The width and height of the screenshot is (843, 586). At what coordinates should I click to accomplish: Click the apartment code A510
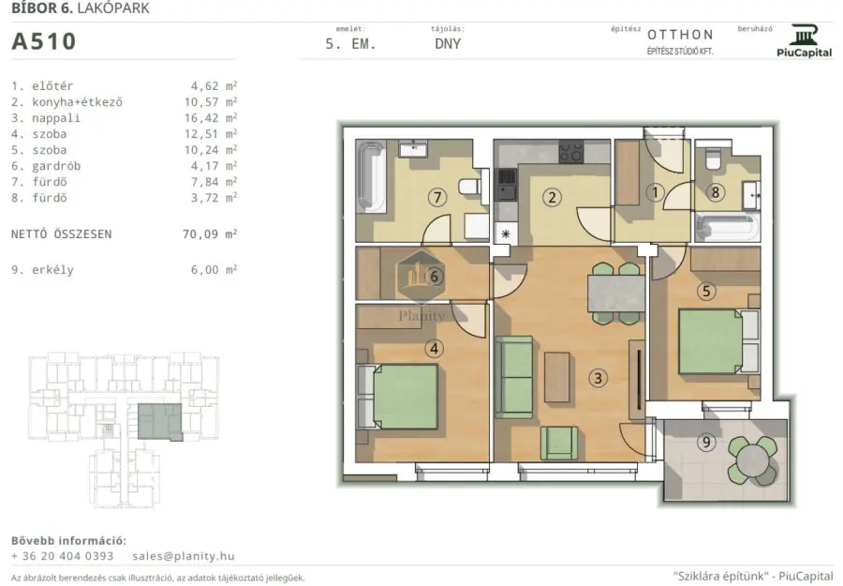coord(43,41)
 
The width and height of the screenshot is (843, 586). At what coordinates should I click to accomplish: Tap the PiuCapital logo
coord(804,41)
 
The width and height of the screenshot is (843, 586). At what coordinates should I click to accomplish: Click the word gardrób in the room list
coord(56,166)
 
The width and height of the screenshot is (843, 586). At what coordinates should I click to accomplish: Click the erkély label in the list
coord(52,270)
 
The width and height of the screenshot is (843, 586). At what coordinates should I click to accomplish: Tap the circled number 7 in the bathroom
coord(437,198)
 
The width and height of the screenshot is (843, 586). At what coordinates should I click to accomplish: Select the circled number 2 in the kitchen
coord(552,198)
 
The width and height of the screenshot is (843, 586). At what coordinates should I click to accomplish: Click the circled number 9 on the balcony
coord(706,443)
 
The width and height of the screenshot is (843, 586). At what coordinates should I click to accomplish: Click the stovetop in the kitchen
coord(571,152)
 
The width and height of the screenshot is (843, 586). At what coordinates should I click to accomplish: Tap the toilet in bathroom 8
coord(714,158)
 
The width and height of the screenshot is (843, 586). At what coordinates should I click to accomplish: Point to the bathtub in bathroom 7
coord(370,177)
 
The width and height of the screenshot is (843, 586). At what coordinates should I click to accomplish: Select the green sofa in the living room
coord(514,377)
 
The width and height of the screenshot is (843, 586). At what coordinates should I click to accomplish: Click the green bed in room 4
coord(405,397)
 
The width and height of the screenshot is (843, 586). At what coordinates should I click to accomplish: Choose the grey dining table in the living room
coord(616,293)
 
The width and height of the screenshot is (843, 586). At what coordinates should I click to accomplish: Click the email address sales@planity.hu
coord(184,556)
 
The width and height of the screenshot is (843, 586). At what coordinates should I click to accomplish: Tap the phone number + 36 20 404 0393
coord(63,556)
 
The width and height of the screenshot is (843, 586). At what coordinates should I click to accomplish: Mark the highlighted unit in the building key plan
coord(159,422)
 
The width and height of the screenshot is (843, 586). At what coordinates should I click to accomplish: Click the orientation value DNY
coord(448,44)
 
